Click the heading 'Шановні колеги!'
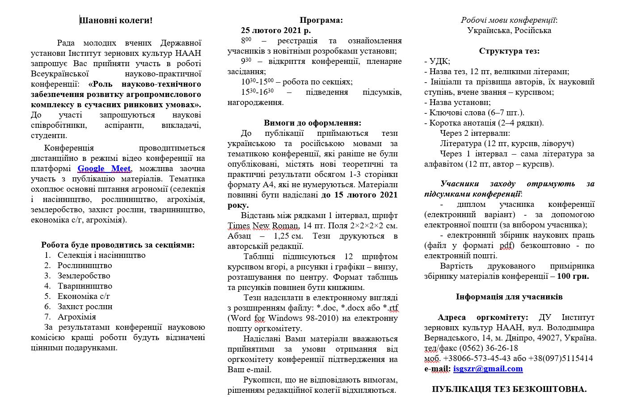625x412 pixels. [116, 21]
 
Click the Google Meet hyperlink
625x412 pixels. [104, 169]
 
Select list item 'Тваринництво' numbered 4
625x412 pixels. [84, 286]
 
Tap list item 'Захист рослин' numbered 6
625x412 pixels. [84, 307]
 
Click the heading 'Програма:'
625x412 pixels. [321, 20]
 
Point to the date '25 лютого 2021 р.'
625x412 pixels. [275, 30]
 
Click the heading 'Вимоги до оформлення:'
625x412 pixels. [312, 123]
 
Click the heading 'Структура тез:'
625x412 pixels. [509, 51]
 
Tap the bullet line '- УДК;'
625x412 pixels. [437, 61]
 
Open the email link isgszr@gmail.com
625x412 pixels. [488, 369]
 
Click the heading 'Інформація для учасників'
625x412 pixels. [509, 297]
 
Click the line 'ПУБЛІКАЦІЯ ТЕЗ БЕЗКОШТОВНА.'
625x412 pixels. [509, 389]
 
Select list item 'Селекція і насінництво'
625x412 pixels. [101, 255]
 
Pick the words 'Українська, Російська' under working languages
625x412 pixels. [509, 30]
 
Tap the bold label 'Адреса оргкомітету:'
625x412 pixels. [483, 317]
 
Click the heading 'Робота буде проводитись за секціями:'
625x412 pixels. [118, 245]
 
